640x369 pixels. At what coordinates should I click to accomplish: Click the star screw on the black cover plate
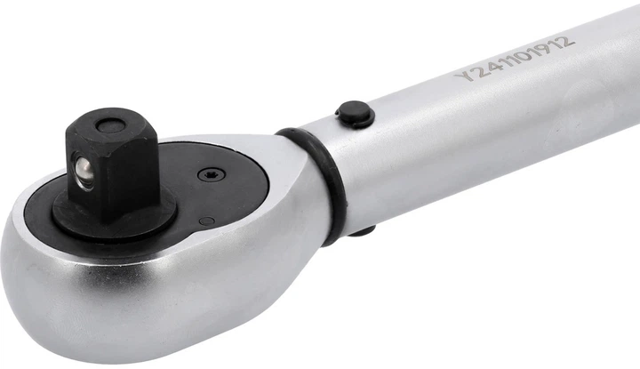click(x=210, y=176)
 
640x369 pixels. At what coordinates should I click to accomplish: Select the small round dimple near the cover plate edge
click(x=206, y=221)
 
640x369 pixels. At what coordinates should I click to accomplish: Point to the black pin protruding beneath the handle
click(x=362, y=231)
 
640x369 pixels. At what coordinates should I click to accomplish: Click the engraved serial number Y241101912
click(x=514, y=58)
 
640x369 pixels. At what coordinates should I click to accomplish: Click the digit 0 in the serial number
click(x=516, y=57)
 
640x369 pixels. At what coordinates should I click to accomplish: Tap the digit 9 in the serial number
click(x=538, y=49)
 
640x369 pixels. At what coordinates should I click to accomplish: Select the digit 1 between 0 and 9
click(x=527, y=53)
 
